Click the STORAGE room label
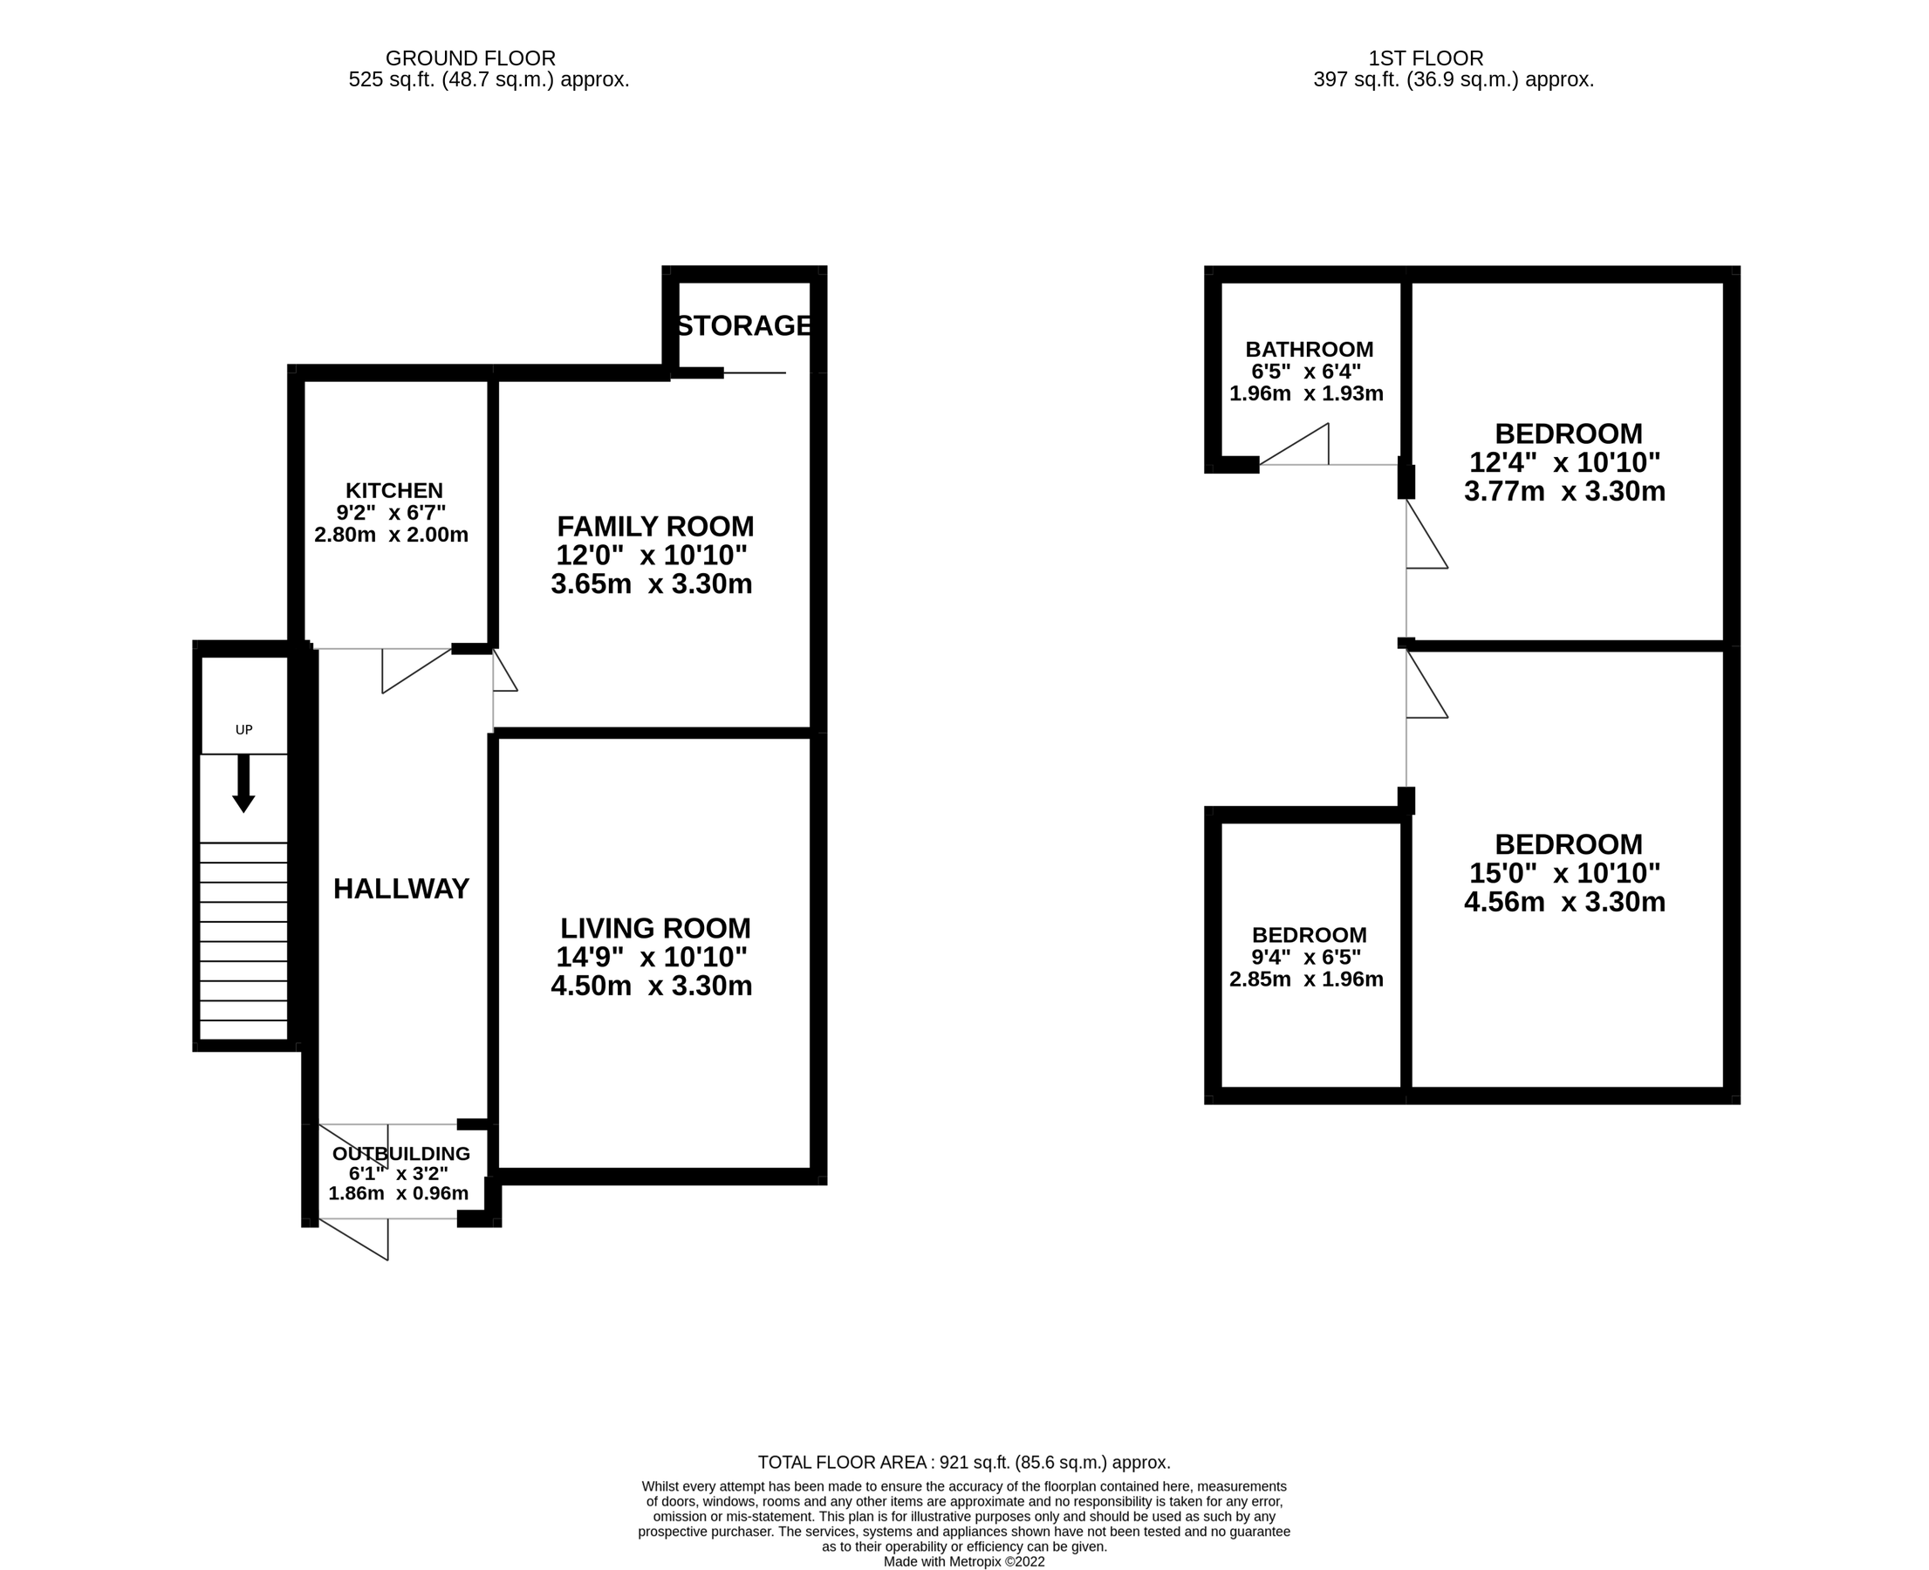point(743,325)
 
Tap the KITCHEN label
point(394,491)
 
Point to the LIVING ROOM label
point(654,928)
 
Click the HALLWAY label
point(400,889)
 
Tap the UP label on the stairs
point(243,730)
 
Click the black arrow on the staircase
point(243,783)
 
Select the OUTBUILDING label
point(400,1154)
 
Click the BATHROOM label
point(1309,349)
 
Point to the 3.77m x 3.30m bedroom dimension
point(1564,491)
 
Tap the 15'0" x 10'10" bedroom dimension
point(1564,873)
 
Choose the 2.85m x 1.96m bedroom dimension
point(1306,979)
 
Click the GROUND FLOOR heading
point(470,58)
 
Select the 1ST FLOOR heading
point(1426,58)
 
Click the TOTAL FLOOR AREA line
point(964,1463)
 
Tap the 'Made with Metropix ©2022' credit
point(964,1562)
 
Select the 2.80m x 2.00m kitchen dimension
point(391,535)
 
